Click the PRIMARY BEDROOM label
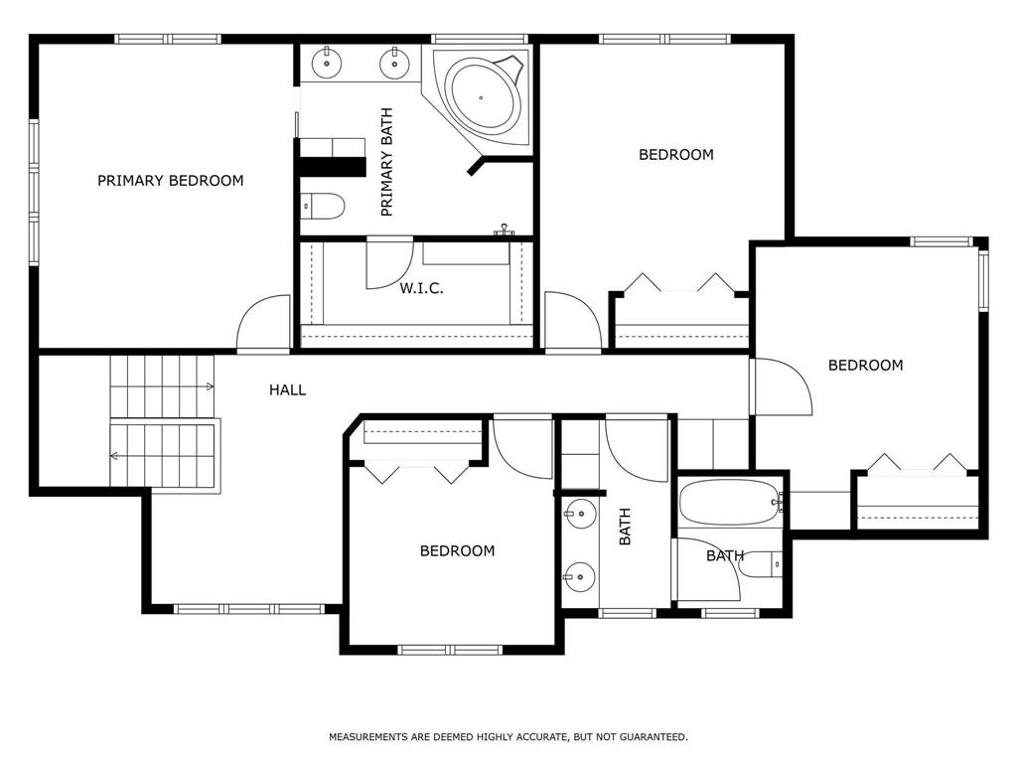tap(171, 181)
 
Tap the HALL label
tap(287, 389)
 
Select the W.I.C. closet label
tap(421, 289)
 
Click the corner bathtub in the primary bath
tap(485, 97)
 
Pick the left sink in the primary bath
tap(326, 63)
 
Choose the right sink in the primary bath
tap(393, 63)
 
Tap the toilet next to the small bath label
tap(761, 564)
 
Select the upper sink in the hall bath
tap(580, 514)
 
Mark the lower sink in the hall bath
tap(580, 576)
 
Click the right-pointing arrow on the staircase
tap(210, 386)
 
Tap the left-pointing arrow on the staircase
tap(114, 456)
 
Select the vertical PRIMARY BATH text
tap(386, 162)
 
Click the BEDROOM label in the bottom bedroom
tap(457, 550)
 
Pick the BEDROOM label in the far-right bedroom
tap(866, 366)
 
